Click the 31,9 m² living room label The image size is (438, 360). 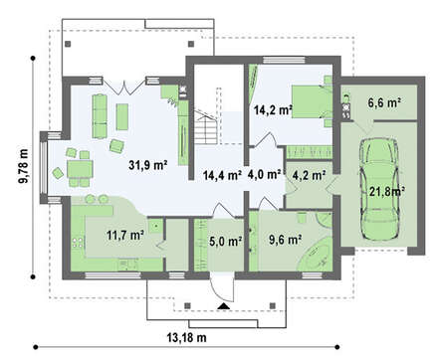click(147, 165)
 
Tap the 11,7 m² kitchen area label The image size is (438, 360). click(125, 236)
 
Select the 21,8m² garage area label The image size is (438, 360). click(386, 191)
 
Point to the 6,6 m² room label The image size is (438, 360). click(384, 103)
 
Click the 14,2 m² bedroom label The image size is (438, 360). click(273, 109)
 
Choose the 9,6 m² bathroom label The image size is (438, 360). click(285, 240)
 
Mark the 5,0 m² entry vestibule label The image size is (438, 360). click(226, 241)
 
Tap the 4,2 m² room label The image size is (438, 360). click(309, 175)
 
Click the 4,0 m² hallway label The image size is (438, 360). click(265, 174)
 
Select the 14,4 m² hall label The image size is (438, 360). click(222, 175)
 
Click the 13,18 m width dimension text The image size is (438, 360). click(186, 338)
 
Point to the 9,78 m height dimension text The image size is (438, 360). click(24, 166)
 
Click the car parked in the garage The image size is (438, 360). click(379, 189)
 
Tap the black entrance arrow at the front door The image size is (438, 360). click(224, 306)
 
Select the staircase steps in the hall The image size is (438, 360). click(206, 127)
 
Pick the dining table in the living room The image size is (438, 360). click(80, 169)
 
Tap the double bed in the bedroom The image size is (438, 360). click(312, 101)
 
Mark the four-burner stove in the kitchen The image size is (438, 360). click(78, 243)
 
